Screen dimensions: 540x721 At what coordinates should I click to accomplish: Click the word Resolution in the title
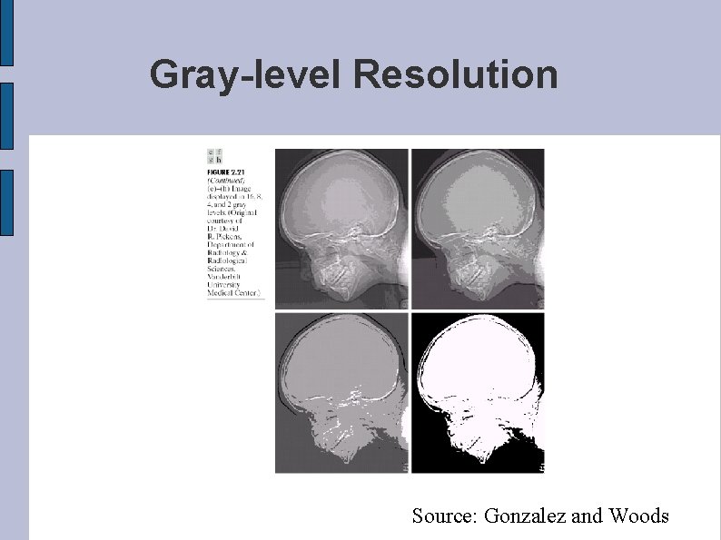point(456,74)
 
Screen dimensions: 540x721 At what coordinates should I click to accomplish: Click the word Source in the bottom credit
point(444,516)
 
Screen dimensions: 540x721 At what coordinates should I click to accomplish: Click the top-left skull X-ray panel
point(341,229)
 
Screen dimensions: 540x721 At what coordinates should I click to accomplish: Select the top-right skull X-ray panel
point(478,229)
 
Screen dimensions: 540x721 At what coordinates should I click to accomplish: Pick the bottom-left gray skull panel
point(341,393)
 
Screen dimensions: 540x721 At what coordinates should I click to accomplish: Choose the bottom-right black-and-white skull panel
point(478,393)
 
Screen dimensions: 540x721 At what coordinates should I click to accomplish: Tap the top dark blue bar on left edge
point(5,33)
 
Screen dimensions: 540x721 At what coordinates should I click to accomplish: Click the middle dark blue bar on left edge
point(5,116)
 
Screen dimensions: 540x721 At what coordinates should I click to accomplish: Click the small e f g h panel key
point(214,155)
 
